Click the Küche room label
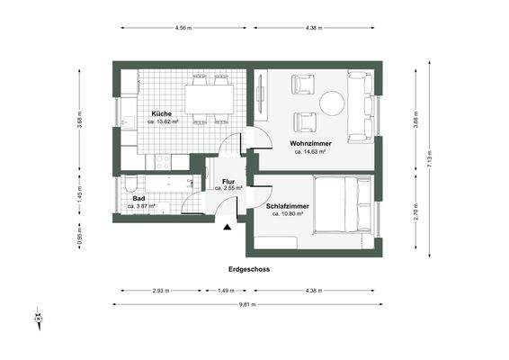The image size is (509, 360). tap(162, 114)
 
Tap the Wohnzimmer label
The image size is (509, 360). tap(308, 144)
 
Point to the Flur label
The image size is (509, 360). tap(228, 183)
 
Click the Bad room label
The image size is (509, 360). tap(138, 199)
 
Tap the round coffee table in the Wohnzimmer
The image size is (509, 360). tap(334, 103)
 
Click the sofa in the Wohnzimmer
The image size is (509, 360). tap(362, 107)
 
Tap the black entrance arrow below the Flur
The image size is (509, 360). tap(228, 228)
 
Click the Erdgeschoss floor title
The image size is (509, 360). tap(248, 269)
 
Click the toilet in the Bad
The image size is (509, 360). tap(131, 187)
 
